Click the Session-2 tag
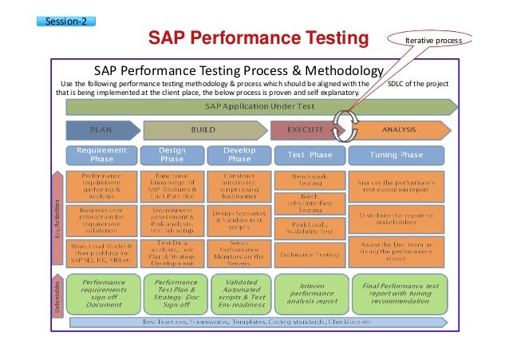pos(67,21)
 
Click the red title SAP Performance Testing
pos(257,39)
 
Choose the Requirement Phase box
pos(101,154)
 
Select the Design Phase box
pos(172,154)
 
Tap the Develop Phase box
pos(239,154)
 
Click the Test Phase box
pos(309,154)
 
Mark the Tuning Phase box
pos(408,154)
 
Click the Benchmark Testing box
pos(309,179)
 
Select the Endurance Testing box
pos(309,255)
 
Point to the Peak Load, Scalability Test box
pos(309,230)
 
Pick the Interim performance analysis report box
pos(309,294)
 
